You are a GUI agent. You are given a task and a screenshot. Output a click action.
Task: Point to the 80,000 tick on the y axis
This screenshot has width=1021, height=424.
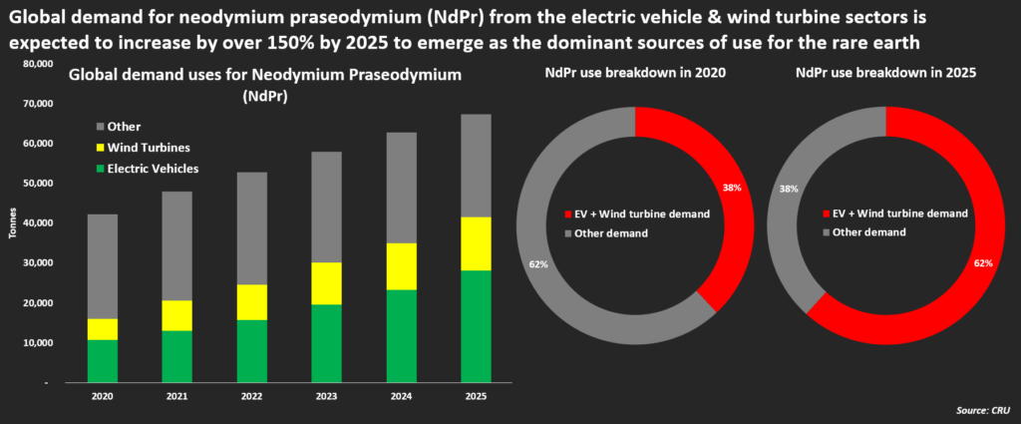click(37, 64)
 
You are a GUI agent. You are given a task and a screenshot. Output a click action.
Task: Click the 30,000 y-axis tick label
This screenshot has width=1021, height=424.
click(37, 263)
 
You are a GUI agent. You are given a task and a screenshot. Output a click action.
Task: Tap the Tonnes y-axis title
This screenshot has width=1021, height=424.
click(11, 223)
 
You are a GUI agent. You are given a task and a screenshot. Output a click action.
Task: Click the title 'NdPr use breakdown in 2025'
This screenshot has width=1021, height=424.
click(884, 73)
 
